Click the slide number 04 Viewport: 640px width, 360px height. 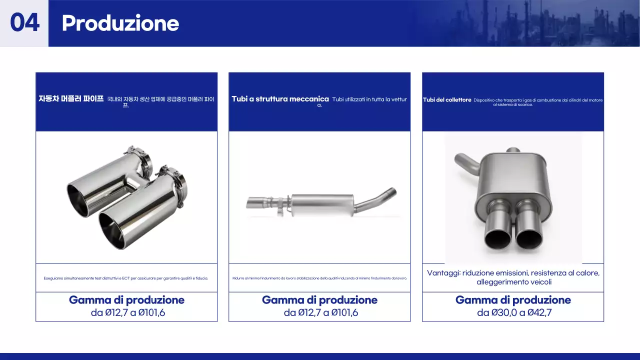point(24,23)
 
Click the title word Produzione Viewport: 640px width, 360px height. point(120,23)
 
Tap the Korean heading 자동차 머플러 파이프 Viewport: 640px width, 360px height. point(71,99)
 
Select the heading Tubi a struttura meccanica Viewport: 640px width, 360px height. point(280,99)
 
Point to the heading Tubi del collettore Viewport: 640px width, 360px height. point(447,100)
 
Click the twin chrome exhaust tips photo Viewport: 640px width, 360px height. point(126,197)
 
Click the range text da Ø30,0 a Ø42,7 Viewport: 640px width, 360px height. point(513,313)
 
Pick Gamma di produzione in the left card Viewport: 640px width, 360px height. point(126,300)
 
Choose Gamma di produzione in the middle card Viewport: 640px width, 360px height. point(319,300)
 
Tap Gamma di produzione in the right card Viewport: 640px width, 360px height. point(513,300)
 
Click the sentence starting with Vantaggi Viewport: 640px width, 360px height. point(513,277)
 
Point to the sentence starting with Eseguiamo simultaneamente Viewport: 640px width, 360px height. point(126,278)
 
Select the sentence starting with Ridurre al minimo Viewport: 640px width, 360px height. point(319,278)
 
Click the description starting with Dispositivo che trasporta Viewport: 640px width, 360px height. point(537,102)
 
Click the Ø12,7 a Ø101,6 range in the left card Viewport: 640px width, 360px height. point(126,313)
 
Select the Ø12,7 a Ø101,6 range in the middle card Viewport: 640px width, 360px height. point(319,313)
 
